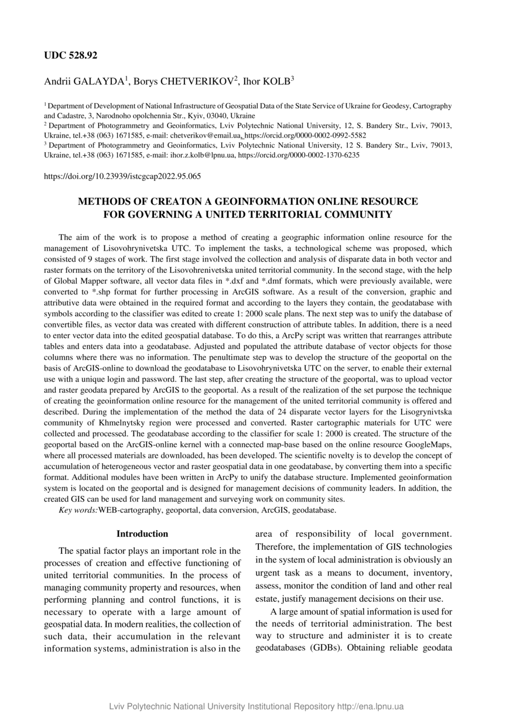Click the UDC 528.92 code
pos(71,56)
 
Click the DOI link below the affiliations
pos(122,176)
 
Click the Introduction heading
pos(142,534)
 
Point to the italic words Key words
pos(78,510)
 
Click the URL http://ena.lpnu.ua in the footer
pos(371,707)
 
